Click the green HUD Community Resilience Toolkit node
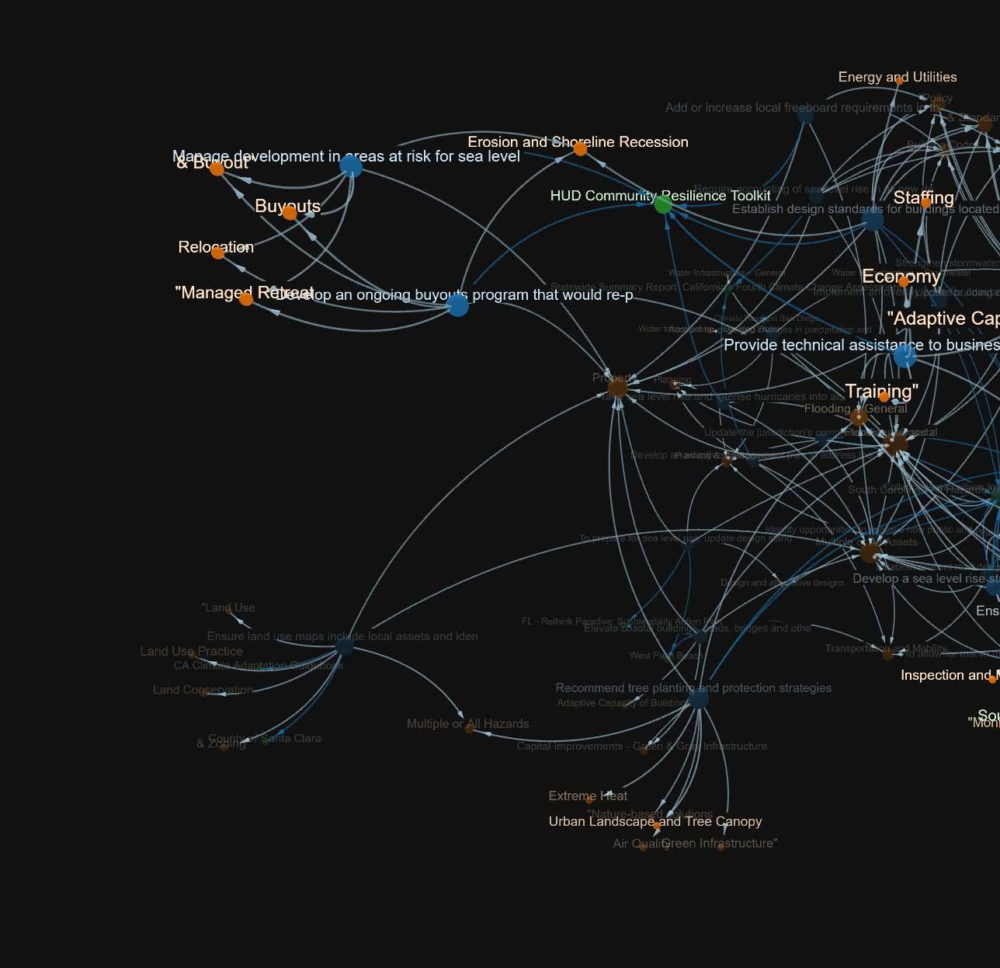pos(663,204)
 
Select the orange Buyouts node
pos(290,212)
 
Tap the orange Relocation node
pos(218,252)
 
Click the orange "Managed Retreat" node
pos(246,299)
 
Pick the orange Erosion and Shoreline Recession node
pos(580,149)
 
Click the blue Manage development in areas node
pos(351,165)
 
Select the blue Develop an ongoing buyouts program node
pos(458,305)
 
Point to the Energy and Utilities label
pos(897,77)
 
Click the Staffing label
pos(923,197)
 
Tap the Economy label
pos(901,277)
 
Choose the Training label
pos(881,391)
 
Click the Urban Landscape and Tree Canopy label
pos(655,821)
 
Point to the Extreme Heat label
pos(588,796)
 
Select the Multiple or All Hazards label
pos(467,723)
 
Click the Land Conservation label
pos(203,689)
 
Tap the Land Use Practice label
pos(191,651)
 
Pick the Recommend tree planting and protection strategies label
pos(693,688)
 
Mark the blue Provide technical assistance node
pos(905,356)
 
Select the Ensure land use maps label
pos(342,636)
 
